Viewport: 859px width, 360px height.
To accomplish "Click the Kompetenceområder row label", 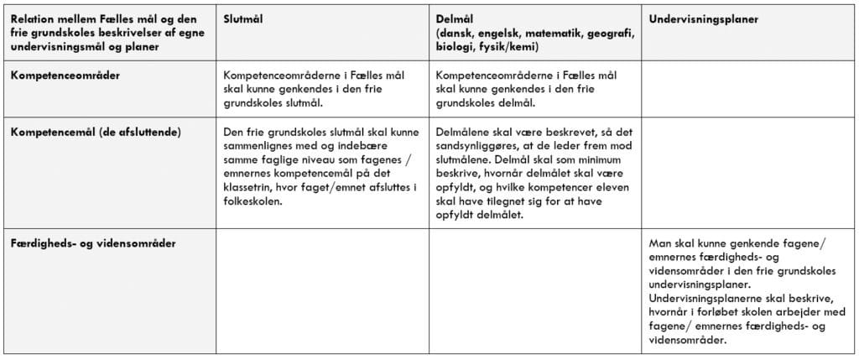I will point(65,75).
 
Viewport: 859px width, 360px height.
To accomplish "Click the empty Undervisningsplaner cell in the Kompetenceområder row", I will point(748,88).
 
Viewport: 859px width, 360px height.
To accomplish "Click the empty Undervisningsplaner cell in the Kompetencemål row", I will point(748,172).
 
